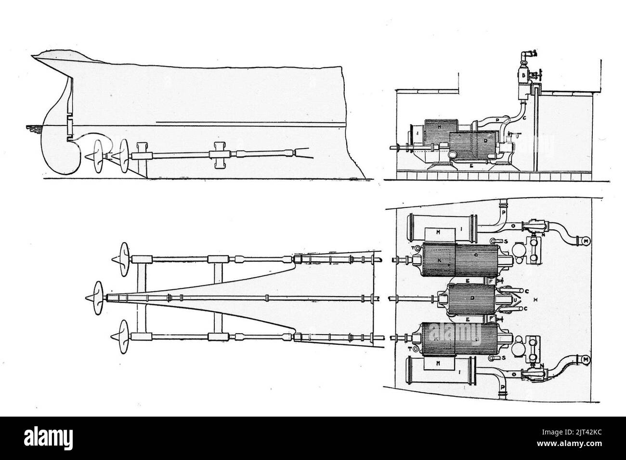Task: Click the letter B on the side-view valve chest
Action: [x=522, y=75]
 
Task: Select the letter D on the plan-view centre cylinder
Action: [x=473, y=298]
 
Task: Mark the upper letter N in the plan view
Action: [x=544, y=234]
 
